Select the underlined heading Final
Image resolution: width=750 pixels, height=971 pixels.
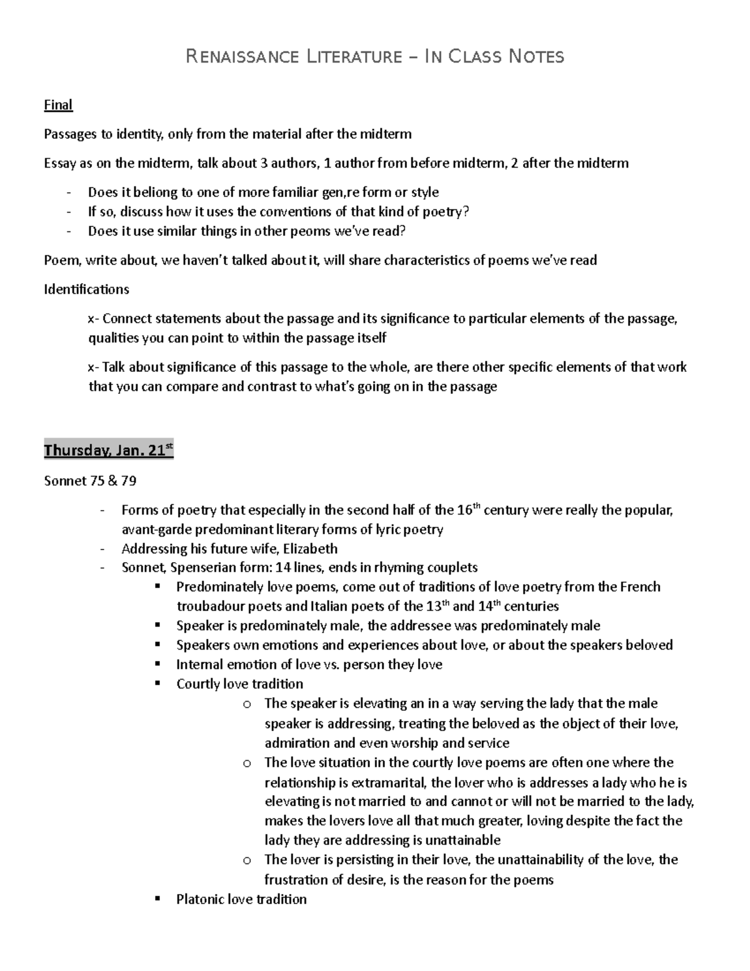tap(58, 105)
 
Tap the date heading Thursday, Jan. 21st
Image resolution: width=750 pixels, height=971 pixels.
tap(108, 450)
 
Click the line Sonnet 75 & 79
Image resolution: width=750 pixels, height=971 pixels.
tap(90, 481)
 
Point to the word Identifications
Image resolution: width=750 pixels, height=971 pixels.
tap(86, 289)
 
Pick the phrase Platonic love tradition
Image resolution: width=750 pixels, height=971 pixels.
tap(241, 900)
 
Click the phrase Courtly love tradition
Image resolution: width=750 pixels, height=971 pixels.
tap(239, 684)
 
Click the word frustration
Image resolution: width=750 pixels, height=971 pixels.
tap(296, 880)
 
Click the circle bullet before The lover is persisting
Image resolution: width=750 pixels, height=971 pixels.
tap(247, 860)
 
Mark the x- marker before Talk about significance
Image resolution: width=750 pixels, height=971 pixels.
tap(92, 367)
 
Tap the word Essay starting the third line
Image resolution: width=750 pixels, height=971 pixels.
tap(59, 164)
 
